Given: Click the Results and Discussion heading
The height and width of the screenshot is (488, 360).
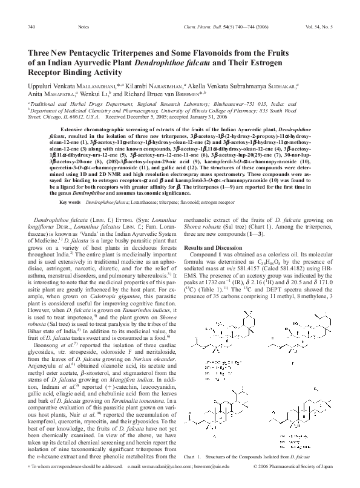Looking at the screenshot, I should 212,232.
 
